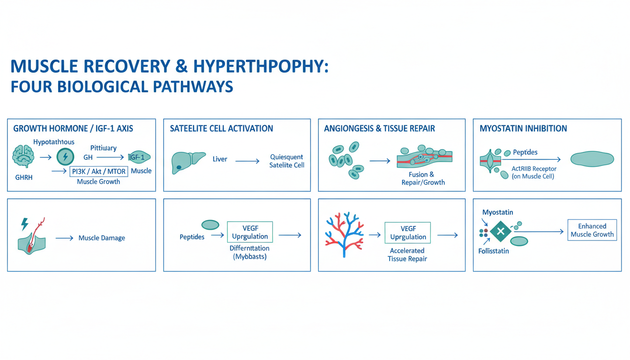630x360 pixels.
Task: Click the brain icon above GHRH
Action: (23, 156)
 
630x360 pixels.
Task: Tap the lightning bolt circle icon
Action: (65, 157)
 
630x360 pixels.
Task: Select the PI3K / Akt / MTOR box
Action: (99, 171)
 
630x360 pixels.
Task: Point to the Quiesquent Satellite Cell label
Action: (286, 161)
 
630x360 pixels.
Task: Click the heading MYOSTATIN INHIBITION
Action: (523, 128)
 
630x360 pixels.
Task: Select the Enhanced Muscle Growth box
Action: (592, 230)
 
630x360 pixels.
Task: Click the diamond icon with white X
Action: (501, 232)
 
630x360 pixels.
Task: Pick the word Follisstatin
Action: (494, 251)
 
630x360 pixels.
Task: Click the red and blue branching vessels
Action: (344, 234)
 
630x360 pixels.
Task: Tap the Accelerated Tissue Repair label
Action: (407, 255)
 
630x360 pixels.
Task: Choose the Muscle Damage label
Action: (102, 238)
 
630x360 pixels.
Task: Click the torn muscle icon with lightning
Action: (32, 236)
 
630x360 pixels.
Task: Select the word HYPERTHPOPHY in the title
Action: (261, 67)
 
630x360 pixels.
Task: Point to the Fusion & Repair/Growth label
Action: (423, 178)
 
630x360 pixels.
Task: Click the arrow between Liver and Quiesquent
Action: (247, 161)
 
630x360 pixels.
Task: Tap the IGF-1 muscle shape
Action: (139, 157)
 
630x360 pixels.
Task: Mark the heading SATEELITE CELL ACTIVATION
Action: (221, 128)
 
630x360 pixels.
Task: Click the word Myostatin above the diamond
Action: (497, 212)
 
